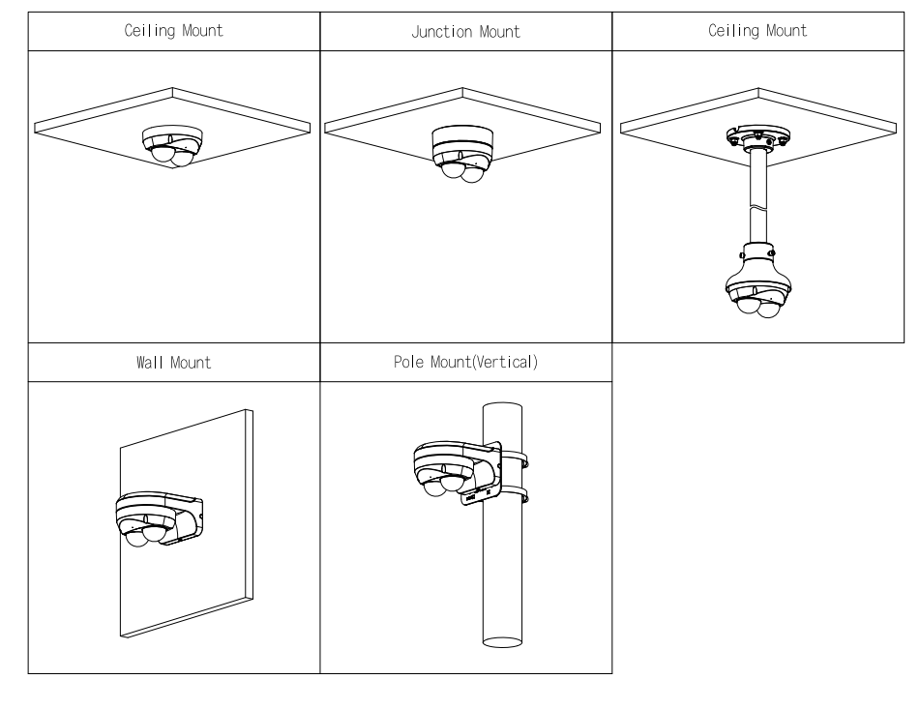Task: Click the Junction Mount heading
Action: [465, 32]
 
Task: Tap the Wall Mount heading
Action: [173, 364]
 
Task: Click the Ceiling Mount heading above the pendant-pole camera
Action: [757, 31]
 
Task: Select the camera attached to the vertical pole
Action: [446, 469]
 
